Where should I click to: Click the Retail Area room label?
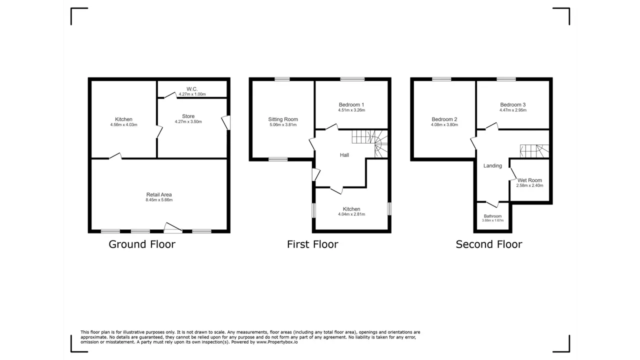point(159,194)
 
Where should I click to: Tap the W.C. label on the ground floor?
point(192,89)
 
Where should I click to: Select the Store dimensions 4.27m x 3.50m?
point(188,121)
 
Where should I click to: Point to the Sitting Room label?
point(283,119)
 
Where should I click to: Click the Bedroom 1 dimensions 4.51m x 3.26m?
point(351,110)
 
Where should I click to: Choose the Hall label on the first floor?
point(344,155)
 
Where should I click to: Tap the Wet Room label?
point(529,180)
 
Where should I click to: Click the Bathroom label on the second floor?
point(492,216)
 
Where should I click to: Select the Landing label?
point(492,165)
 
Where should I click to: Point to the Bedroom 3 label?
point(513,105)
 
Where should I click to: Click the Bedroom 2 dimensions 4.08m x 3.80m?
point(444,125)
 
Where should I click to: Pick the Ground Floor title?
point(142,244)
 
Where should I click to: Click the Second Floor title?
point(489,244)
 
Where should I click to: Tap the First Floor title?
point(312,244)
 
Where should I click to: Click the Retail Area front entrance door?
point(173,227)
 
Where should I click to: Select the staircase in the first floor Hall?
point(369,143)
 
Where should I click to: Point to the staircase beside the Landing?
point(534,151)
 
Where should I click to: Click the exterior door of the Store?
point(226,122)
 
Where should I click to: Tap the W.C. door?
point(170,95)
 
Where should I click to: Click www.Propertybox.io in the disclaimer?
point(277,342)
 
